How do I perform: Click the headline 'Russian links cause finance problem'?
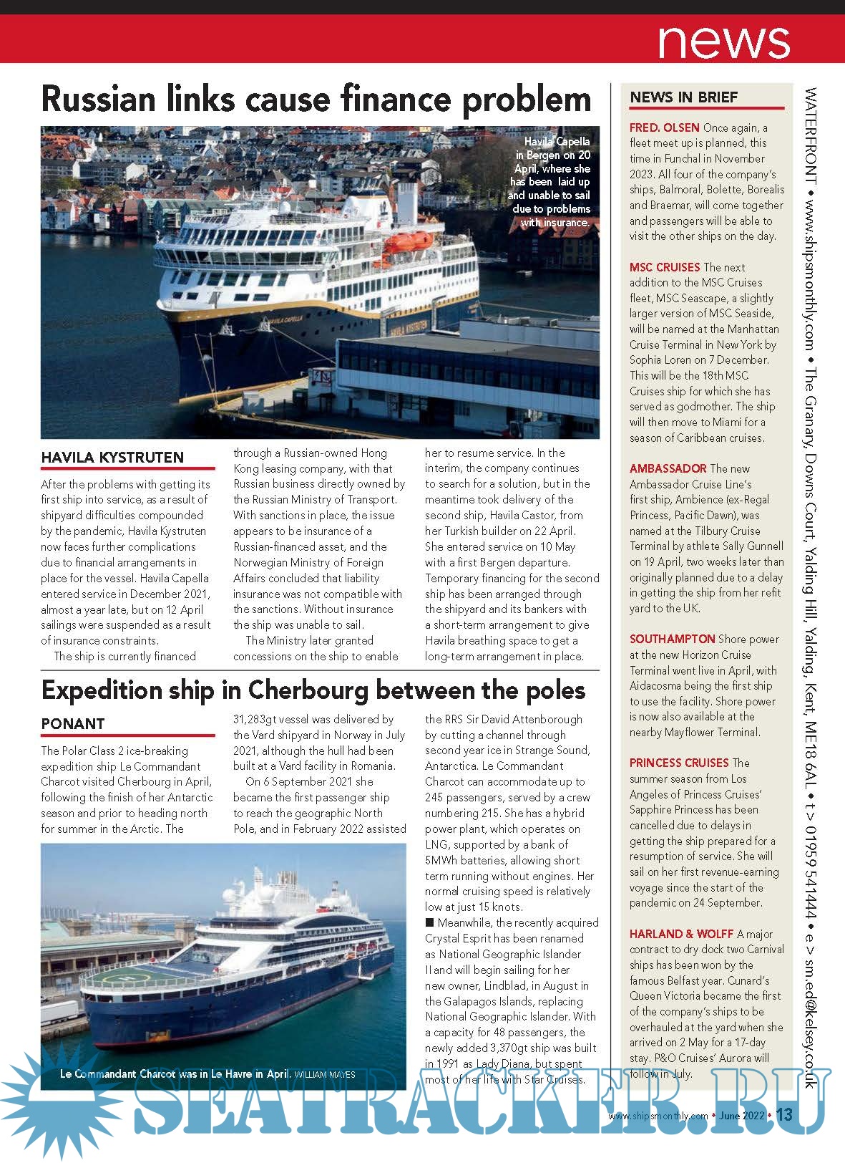(x=316, y=100)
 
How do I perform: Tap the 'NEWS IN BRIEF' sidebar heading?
(x=683, y=97)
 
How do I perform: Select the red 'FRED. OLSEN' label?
(x=664, y=127)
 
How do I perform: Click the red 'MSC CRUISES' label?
(x=665, y=267)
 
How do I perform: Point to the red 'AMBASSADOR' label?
(x=668, y=468)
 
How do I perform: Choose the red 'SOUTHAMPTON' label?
(x=672, y=639)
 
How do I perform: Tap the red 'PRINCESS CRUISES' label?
(x=679, y=763)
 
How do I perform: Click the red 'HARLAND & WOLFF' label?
(x=681, y=934)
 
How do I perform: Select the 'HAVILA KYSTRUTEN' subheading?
(x=112, y=458)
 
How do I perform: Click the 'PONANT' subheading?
(x=73, y=724)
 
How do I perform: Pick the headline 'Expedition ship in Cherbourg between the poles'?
(x=313, y=690)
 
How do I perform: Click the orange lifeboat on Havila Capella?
(x=407, y=243)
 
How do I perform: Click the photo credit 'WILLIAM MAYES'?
(x=325, y=1074)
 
